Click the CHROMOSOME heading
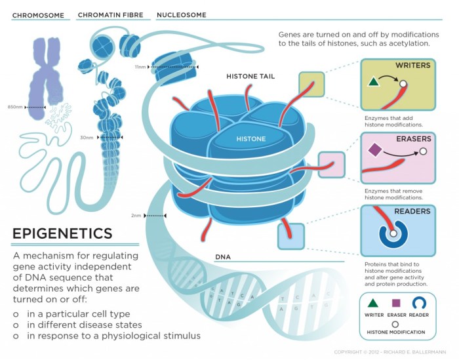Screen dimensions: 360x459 [x=39, y=15]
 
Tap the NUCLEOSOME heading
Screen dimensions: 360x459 [x=182, y=15]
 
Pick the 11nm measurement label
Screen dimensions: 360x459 [x=140, y=67]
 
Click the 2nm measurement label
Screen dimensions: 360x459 [x=136, y=215]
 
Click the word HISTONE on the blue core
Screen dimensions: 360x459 [x=251, y=139]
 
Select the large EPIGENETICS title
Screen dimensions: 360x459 [x=62, y=233]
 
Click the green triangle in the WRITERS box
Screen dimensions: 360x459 [x=373, y=83]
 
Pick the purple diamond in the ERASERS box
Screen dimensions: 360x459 [x=374, y=150]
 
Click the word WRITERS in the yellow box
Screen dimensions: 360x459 [x=412, y=66]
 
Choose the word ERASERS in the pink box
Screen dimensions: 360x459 [x=413, y=139]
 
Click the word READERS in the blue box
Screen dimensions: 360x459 [x=412, y=212]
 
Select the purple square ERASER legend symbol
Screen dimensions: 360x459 [x=395, y=303]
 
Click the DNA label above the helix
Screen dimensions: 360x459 [x=224, y=257]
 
